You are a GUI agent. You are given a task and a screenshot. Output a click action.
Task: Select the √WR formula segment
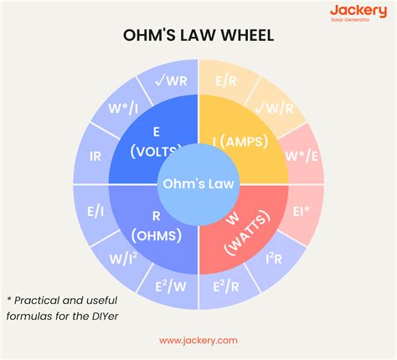171,81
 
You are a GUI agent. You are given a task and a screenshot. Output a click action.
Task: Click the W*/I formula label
123,108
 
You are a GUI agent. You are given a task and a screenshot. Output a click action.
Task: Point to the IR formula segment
95,157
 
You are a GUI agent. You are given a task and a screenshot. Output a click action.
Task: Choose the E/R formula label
226,81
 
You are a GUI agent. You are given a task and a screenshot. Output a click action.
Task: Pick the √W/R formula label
275,108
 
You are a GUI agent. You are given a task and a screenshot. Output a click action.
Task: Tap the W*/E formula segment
302,156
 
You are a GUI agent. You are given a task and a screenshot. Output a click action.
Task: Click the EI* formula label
302,212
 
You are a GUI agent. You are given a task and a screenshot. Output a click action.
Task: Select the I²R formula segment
274,259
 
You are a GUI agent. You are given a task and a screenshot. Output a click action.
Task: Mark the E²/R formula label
226,286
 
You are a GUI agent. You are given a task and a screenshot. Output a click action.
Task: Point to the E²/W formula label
171,286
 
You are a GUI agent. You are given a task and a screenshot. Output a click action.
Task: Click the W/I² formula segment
123,259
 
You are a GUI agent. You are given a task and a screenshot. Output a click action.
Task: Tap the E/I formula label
95,212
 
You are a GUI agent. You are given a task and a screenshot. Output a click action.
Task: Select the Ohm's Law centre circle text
198,184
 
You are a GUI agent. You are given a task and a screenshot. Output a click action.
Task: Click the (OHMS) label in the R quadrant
157,236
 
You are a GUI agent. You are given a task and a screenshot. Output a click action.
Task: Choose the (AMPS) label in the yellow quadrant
245,141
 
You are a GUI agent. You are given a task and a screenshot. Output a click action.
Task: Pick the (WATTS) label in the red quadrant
247,233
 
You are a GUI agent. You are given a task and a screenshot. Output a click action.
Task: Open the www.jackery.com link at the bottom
198,341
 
